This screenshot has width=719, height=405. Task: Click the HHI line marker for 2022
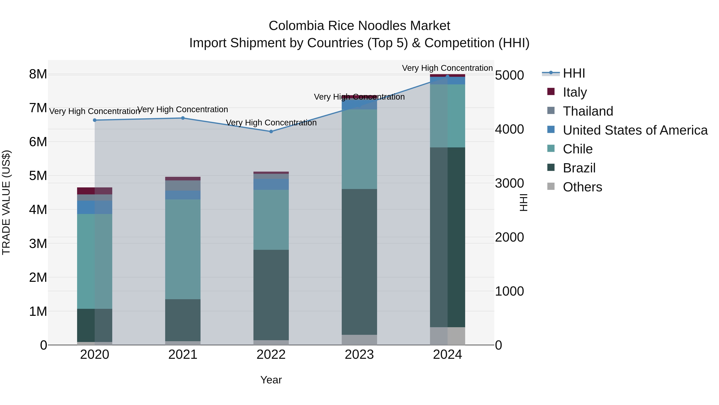click(271, 131)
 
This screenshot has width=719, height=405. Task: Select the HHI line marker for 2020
click(95, 120)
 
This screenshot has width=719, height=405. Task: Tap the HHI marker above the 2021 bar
click(183, 118)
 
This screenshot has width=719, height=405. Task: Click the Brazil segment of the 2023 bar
click(359, 262)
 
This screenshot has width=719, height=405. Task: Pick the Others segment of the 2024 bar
click(447, 336)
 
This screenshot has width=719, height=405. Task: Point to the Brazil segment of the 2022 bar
click(271, 295)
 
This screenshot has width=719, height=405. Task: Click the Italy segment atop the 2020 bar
click(95, 191)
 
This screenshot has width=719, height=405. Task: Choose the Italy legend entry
click(575, 92)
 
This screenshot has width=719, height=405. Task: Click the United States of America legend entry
click(635, 130)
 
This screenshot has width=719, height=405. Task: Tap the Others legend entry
click(582, 187)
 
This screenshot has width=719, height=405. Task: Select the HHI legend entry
click(574, 73)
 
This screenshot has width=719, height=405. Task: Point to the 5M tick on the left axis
click(38, 176)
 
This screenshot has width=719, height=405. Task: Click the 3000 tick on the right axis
click(509, 183)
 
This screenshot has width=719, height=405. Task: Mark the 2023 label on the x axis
click(359, 355)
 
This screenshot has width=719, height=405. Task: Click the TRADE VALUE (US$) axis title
click(6, 202)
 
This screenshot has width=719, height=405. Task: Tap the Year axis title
click(271, 380)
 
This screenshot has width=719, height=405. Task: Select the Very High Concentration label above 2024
click(447, 68)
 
